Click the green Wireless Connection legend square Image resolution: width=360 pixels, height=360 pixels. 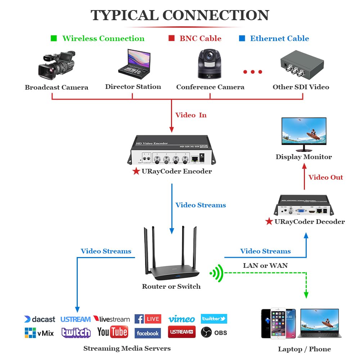coord(54,38)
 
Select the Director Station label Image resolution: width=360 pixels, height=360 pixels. coord(133,87)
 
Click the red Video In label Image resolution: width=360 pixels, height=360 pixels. coord(191,115)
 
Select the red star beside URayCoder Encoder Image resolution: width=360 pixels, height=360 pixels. coord(136,171)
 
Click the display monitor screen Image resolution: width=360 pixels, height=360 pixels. coord(304,132)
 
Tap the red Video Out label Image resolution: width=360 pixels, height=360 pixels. coord(325,177)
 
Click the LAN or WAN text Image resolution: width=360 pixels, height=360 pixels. coord(265,266)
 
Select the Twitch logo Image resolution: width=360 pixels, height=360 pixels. coord(76,332)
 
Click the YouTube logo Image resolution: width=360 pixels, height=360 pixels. coord(112,332)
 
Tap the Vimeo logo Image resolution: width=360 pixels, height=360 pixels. coord(181,319)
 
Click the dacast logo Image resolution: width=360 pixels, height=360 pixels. coord(40,319)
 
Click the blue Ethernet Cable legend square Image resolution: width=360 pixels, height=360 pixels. coord(242,38)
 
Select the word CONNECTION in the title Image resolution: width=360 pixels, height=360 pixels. coord(216,15)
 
